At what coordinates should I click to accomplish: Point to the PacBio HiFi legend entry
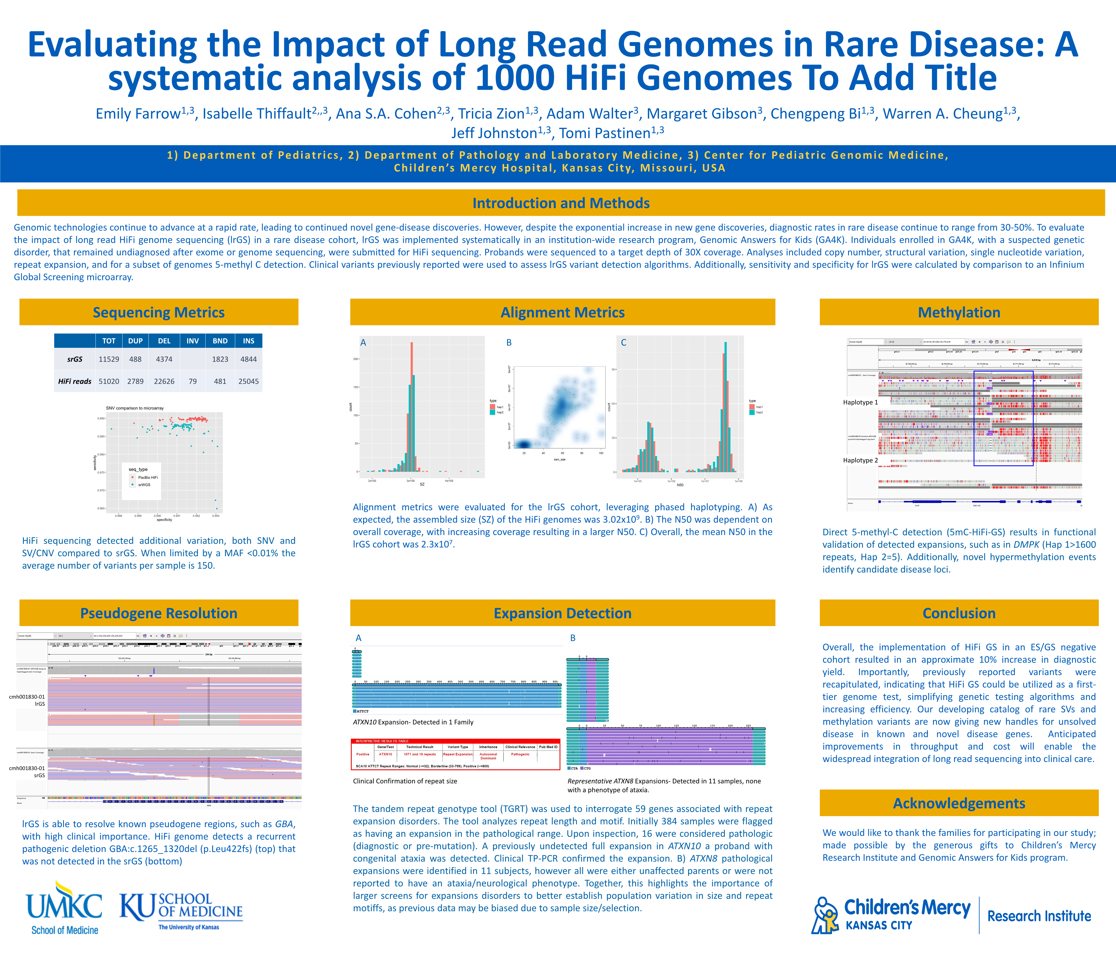[x=147, y=477]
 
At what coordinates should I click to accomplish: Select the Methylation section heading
[x=959, y=313]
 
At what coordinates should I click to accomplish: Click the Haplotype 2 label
[x=860, y=460]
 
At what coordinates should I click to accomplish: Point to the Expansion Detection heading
[x=562, y=613]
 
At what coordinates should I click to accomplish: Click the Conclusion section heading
[x=959, y=613]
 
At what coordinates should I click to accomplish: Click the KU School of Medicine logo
[x=181, y=911]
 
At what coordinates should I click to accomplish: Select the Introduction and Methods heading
[x=561, y=203]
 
